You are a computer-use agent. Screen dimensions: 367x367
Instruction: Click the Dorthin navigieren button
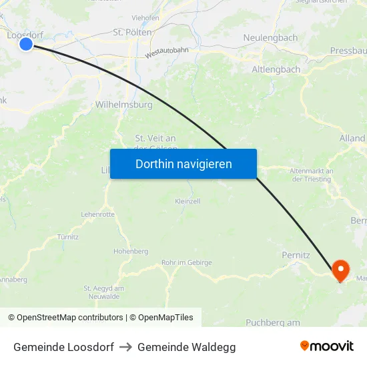click(x=183, y=163)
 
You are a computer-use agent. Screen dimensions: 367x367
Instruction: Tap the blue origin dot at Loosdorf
click(x=26, y=44)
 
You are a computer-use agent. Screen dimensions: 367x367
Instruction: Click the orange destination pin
click(x=340, y=270)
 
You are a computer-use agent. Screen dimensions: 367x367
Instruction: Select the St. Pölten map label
click(x=132, y=32)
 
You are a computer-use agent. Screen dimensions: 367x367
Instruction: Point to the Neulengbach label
click(x=270, y=38)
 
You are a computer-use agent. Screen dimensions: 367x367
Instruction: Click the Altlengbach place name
click(x=276, y=69)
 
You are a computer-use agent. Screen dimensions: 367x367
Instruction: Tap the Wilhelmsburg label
click(x=123, y=105)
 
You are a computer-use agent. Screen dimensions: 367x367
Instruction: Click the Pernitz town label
click(x=296, y=255)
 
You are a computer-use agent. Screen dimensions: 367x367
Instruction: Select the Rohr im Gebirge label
click(x=187, y=263)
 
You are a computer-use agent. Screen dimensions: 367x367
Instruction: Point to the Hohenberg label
click(x=131, y=251)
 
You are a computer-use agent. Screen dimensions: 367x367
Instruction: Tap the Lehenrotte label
click(x=97, y=214)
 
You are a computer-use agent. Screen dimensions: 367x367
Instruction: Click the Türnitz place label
click(x=68, y=237)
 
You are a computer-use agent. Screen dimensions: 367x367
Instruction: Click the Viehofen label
click(x=145, y=18)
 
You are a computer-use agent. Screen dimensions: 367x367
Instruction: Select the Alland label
click(x=352, y=138)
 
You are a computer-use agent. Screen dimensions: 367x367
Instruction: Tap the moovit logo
click(x=327, y=346)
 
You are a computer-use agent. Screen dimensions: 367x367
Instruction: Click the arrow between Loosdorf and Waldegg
click(x=125, y=347)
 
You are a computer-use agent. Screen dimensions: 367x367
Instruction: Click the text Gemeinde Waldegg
click(x=186, y=347)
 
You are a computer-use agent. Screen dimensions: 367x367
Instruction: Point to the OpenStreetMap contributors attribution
click(x=69, y=318)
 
